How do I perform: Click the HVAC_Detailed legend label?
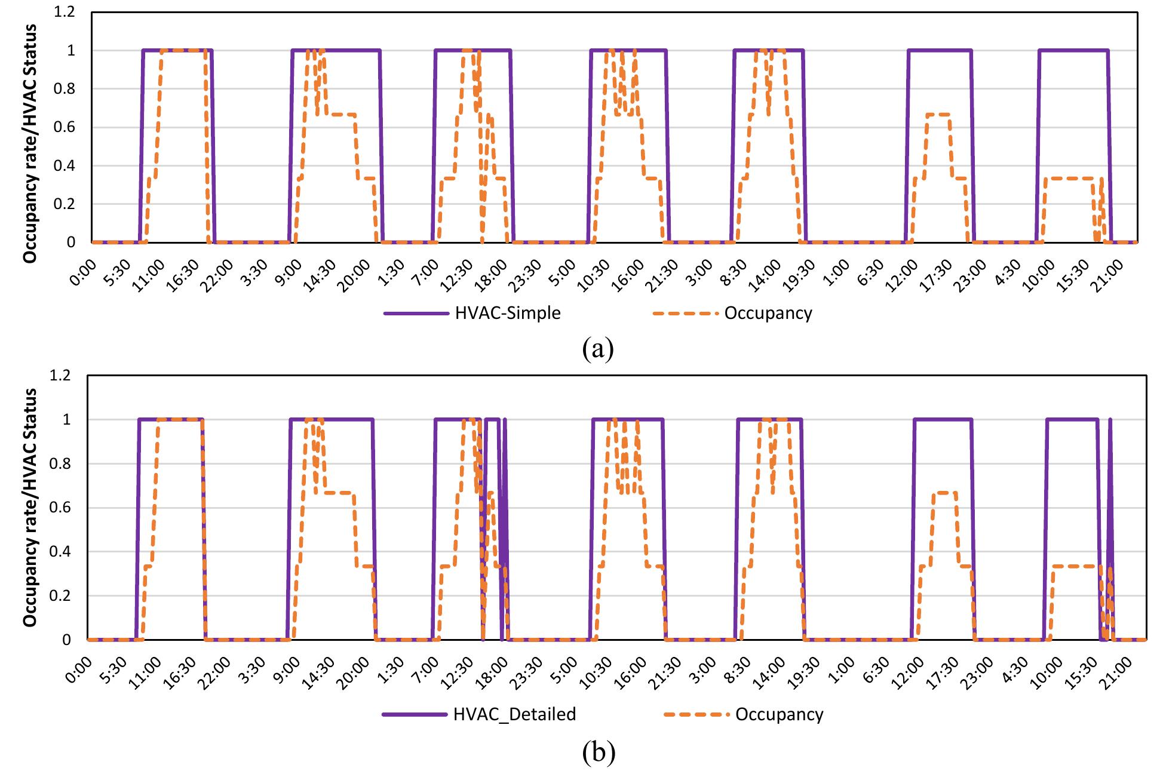pyautogui.click(x=514, y=714)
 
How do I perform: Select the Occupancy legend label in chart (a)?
pyautogui.click(x=768, y=313)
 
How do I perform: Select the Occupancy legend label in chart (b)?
pyautogui.click(x=779, y=714)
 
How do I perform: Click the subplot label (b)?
pyautogui.click(x=598, y=754)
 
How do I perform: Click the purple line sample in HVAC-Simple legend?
pyautogui.click(x=416, y=313)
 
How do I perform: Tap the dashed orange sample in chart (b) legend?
pyautogui.click(x=696, y=714)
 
